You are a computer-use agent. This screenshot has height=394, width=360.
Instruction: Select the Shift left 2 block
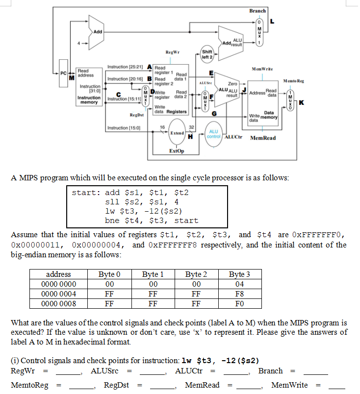tap(207, 54)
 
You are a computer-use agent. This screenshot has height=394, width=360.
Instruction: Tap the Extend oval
tap(177, 133)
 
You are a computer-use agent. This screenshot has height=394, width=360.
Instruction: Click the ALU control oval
tap(214, 134)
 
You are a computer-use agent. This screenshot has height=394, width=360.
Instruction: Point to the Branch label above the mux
tap(257, 11)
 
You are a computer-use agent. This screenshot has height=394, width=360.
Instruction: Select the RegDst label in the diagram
tap(136, 115)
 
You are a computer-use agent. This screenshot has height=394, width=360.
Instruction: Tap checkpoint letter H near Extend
tap(189, 137)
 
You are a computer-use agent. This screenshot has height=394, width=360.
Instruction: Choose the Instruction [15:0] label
tap(124, 128)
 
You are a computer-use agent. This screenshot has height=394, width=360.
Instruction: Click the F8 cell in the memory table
tap(239, 294)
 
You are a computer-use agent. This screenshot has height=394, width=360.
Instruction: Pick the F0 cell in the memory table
tap(239, 303)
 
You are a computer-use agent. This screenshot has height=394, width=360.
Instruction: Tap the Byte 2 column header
tap(196, 274)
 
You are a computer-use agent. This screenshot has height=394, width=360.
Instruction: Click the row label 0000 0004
tap(58, 294)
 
